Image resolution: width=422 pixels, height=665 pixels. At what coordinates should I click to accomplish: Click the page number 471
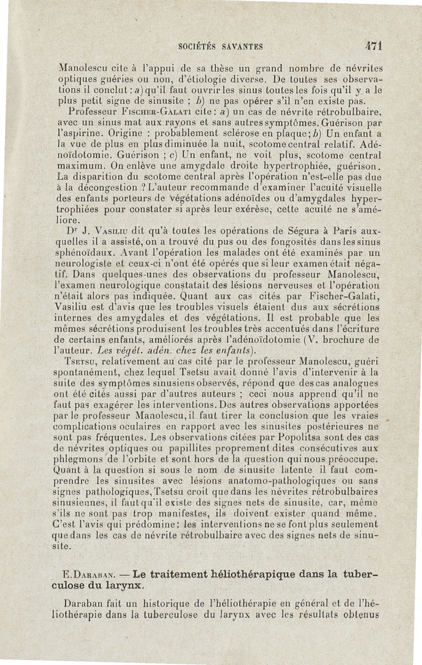372,46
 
